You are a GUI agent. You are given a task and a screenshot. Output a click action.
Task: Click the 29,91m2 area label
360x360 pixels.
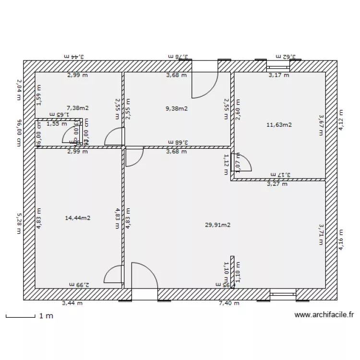click(x=217, y=224)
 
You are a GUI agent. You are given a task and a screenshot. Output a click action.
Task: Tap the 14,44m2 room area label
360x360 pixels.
click(x=78, y=218)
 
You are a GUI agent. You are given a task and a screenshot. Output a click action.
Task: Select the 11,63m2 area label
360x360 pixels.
click(x=279, y=125)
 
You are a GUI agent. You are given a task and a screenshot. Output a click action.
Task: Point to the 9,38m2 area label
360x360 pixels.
click(x=176, y=108)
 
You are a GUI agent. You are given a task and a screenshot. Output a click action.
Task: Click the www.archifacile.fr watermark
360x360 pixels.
click(x=324, y=315)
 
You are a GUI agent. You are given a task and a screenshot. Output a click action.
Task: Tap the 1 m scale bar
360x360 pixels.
click(x=21, y=316)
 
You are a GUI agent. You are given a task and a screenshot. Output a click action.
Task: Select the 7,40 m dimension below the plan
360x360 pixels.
click(x=228, y=303)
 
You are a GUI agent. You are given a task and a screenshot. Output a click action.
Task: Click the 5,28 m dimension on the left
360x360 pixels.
click(x=19, y=224)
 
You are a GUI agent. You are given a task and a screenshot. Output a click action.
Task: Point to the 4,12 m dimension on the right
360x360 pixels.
click(x=341, y=120)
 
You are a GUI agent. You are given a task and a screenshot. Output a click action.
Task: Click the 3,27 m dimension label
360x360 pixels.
click(x=277, y=183)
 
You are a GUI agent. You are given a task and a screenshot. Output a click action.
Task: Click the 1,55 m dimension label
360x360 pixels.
click(x=56, y=124)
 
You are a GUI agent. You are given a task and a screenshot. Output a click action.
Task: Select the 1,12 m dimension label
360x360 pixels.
click(x=226, y=164)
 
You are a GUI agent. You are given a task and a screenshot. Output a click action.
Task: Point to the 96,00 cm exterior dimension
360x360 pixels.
click(x=19, y=132)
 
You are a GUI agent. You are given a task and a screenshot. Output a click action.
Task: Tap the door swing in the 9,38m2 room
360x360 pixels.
click(x=204, y=84)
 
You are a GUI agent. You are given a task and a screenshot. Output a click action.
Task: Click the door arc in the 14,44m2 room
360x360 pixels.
click(x=114, y=276)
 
